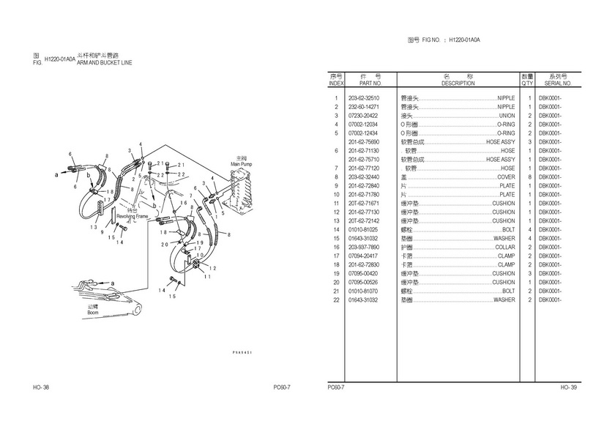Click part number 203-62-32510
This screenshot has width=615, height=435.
click(x=364, y=98)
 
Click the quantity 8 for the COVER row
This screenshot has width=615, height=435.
click(x=529, y=177)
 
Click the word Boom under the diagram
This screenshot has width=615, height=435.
click(x=93, y=312)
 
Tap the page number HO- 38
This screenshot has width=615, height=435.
click(x=41, y=387)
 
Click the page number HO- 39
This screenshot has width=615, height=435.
click(x=569, y=387)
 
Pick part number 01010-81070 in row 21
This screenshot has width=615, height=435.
click(x=364, y=291)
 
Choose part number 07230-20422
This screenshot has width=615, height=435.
click(x=364, y=116)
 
